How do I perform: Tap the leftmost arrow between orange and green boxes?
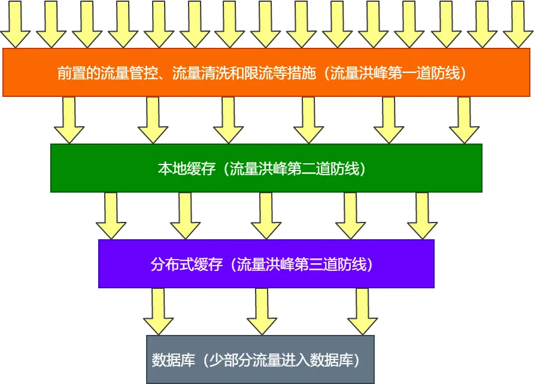pyautogui.click(x=69, y=120)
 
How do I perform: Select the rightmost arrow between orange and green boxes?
pyautogui.click(x=464, y=120)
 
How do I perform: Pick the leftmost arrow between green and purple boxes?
pyautogui.click(x=111, y=216)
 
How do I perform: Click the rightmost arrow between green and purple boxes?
pyautogui.click(x=422, y=216)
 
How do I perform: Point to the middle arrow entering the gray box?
pyautogui.click(x=262, y=312)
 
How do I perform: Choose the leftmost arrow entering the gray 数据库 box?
pyautogui.click(x=158, y=312)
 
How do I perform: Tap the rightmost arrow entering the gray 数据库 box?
pyautogui.click(x=362, y=312)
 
